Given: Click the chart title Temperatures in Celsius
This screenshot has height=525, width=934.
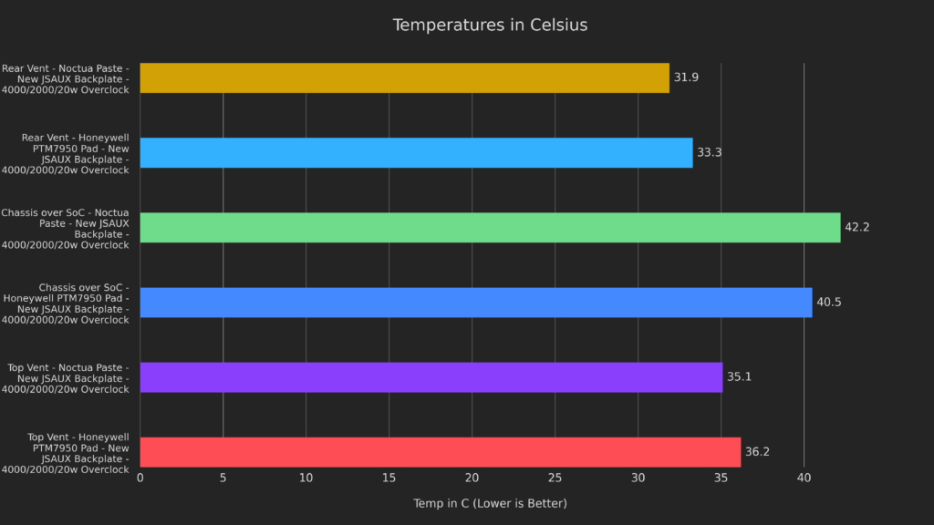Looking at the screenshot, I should coord(490,26).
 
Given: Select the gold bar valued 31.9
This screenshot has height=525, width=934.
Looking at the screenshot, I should coord(404,78).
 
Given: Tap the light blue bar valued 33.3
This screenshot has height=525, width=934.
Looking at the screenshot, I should coord(416,153).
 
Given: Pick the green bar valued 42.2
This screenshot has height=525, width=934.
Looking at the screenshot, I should coord(490,228).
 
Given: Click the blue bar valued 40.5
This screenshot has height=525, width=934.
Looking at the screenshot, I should coord(475,303).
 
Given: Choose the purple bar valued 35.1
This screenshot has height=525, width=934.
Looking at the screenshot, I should coord(431,377).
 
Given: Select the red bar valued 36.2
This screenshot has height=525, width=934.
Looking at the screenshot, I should coord(440,452).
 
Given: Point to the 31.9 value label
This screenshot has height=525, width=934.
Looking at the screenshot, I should coord(686,78).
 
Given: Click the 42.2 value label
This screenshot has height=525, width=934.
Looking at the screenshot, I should coord(856,228).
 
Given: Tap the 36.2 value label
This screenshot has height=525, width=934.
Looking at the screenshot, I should coord(758,452).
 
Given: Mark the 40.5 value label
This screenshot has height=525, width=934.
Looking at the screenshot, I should coord(828,303).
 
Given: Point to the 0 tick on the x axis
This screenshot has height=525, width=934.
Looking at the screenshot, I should coord(140,479).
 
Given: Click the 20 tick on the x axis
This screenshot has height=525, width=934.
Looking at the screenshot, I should coord(472,479).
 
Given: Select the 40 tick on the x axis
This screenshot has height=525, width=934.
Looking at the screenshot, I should coord(804,479).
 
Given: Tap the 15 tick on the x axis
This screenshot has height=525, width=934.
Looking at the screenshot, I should coord(389,479).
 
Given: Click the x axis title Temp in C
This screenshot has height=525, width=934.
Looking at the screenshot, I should coord(490,504).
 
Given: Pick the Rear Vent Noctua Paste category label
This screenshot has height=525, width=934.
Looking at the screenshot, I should coord(66,78).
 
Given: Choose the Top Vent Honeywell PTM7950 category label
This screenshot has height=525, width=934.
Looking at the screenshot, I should coord(66,453).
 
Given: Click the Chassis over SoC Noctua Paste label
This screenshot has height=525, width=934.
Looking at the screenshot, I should coord(66,228).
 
